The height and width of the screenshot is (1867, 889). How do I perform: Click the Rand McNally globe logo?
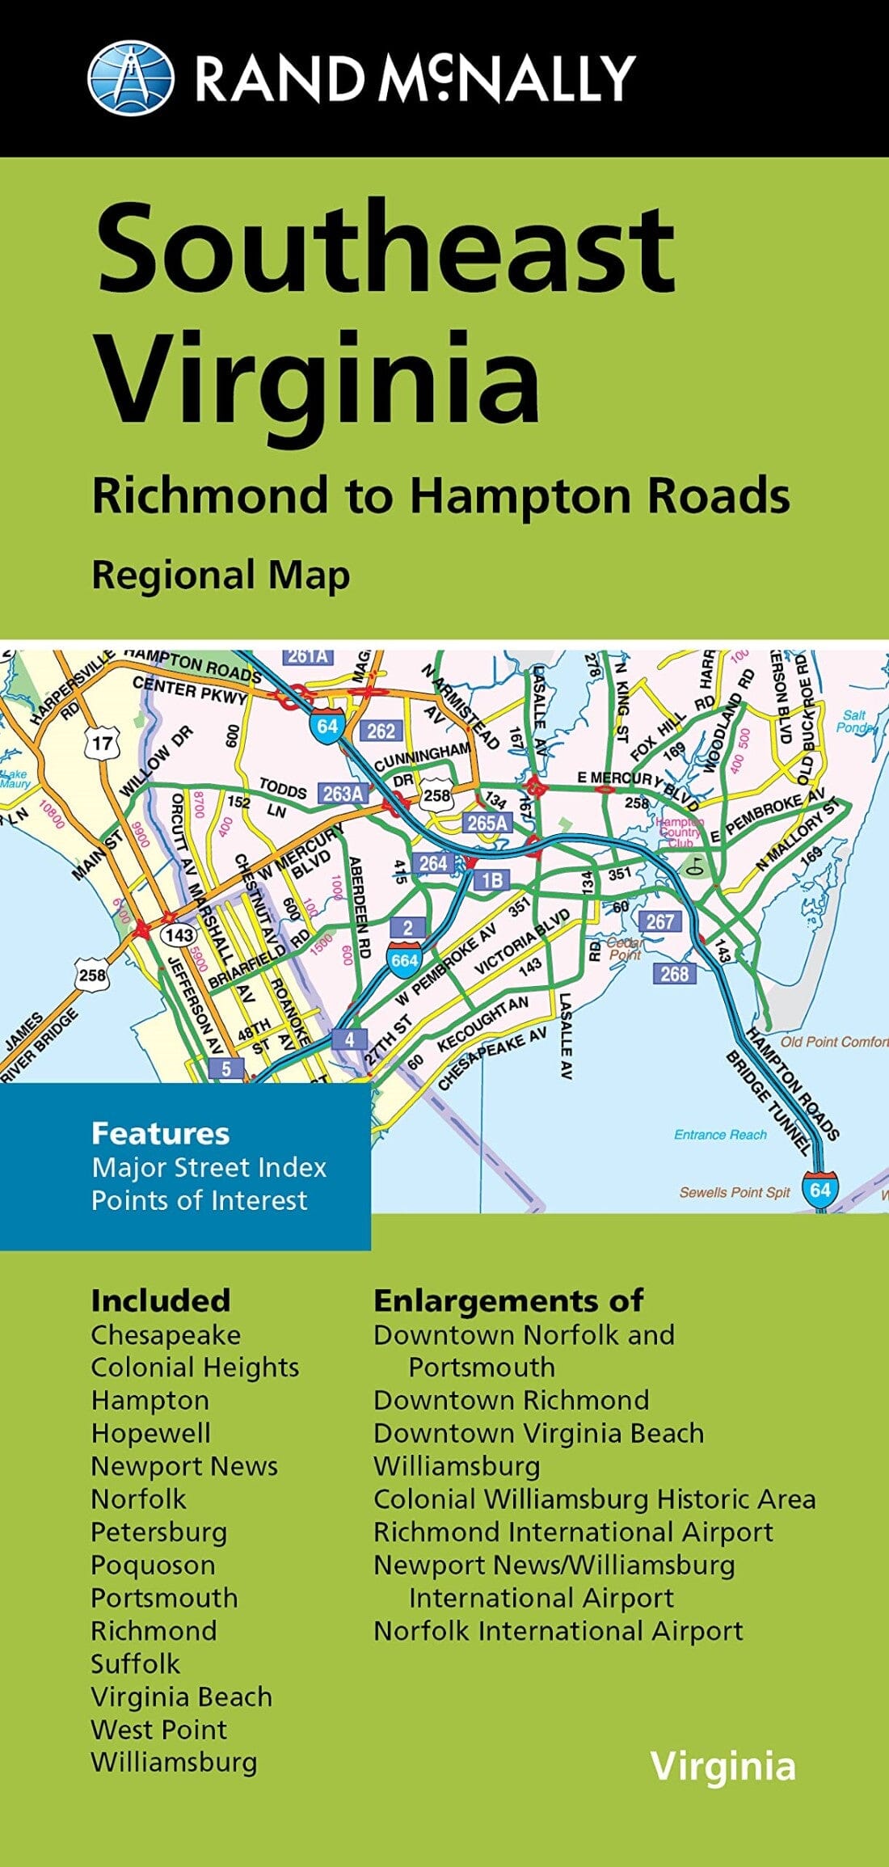130,78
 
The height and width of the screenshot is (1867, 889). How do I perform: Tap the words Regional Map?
221,575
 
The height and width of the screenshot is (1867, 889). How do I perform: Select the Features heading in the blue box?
160,1133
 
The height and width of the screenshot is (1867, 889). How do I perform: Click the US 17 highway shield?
103,743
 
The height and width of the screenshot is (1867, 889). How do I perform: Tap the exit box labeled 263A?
343,794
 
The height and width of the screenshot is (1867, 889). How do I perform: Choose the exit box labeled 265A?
488,823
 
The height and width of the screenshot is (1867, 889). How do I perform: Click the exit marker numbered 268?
674,973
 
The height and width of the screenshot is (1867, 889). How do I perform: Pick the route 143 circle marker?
179,935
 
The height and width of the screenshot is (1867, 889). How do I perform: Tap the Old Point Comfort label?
833,1042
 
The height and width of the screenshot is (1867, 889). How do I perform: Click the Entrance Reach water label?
720,1135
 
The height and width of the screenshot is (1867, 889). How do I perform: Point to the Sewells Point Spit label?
734,1192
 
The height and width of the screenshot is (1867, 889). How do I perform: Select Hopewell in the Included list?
150,1433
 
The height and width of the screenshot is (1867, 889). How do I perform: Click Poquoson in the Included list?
153,1565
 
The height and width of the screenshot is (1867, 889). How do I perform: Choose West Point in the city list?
158,1730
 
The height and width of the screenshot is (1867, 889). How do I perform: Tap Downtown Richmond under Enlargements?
511,1400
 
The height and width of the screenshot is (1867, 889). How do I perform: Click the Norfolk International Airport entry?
558,1631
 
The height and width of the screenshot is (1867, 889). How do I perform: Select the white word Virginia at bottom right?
723,1766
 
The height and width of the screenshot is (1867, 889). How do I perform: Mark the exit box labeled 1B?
491,879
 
